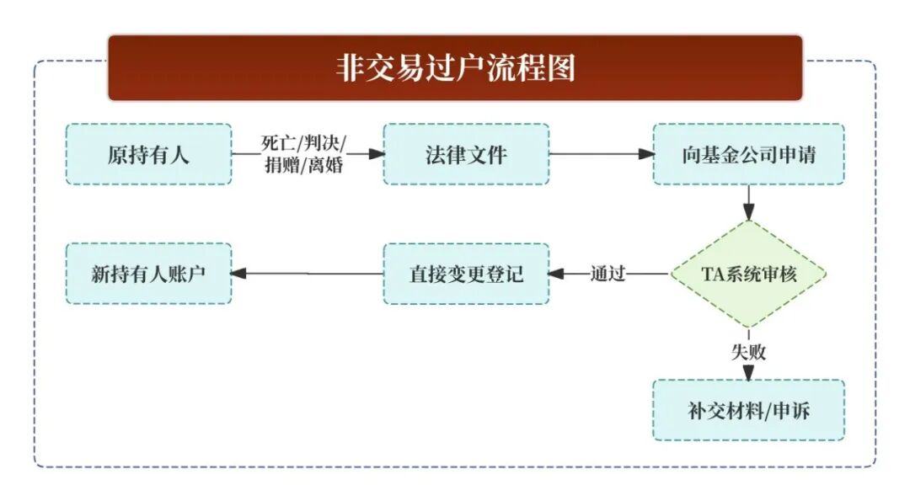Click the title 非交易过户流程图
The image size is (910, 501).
coord(455,68)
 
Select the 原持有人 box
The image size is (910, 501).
coord(148,155)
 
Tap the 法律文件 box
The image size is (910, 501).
coord(466,155)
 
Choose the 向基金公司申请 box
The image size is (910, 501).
coord(748,155)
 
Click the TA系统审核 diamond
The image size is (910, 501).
coord(748,274)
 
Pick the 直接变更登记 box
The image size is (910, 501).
coord(466,274)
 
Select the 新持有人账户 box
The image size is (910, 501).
coord(148,274)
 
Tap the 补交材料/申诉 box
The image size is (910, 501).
coord(748,411)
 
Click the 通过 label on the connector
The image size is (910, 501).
coord(608,274)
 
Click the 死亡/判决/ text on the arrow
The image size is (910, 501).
coord(302,142)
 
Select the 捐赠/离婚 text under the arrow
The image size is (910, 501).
coord(302,166)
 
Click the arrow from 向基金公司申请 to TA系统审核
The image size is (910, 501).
coord(748,202)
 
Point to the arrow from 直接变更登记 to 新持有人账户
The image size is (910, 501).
coord(307,274)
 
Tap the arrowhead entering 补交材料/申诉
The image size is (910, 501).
coord(748,372)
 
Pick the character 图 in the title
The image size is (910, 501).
coord(561,68)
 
